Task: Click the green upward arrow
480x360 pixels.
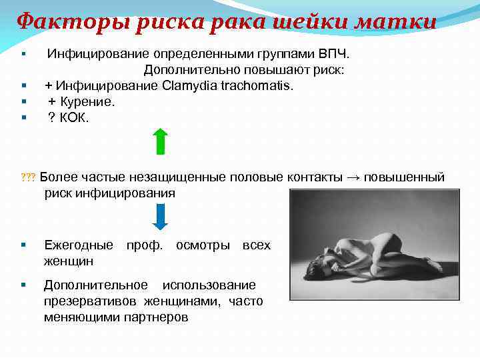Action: pyautogui.click(x=160, y=141)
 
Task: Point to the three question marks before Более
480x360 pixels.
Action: pyautogui.click(x=28, y=178)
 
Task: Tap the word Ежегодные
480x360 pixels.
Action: pyautogui.click(x=78, y=245)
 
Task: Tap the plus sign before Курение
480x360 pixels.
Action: pyautogui.click(x=52, y=101)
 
